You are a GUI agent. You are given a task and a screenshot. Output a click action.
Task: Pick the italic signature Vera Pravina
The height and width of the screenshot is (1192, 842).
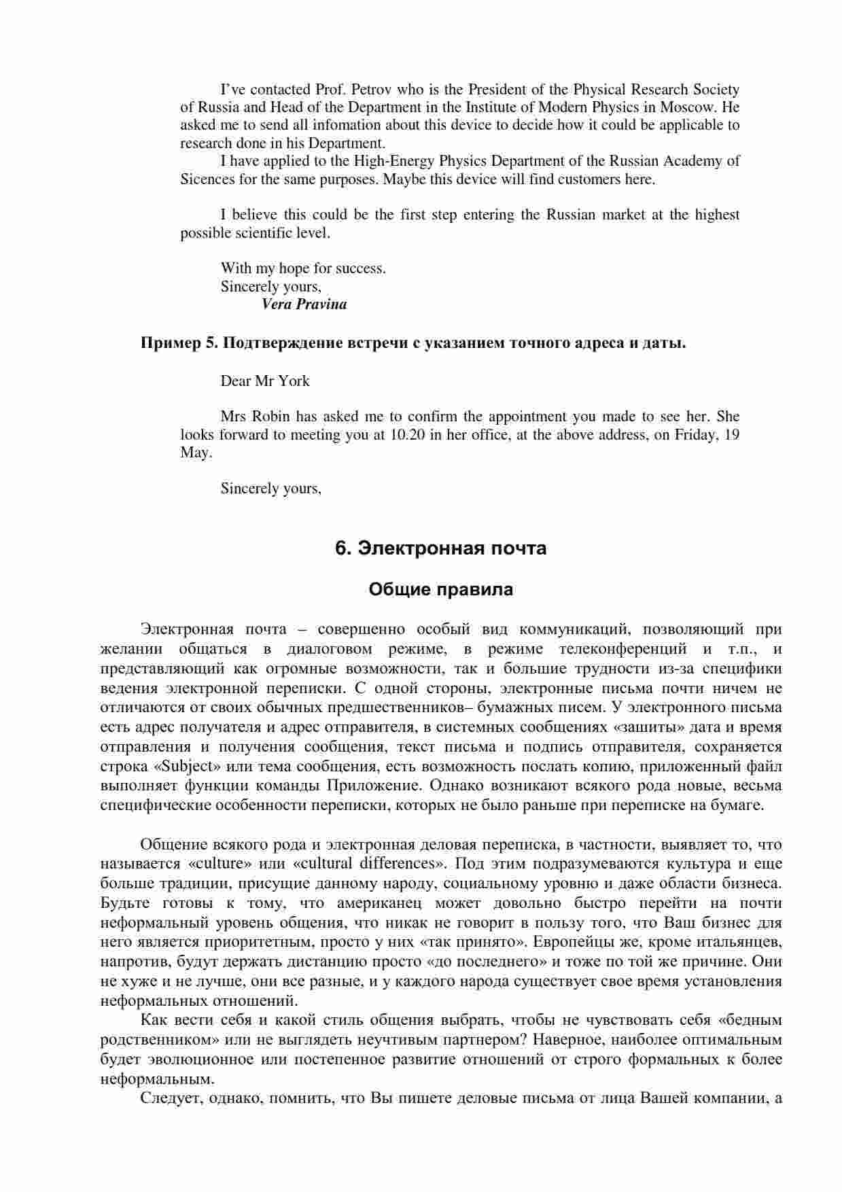(x=304, y=304)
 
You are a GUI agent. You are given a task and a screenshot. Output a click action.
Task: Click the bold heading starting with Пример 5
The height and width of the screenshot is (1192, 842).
(x=413, y=343)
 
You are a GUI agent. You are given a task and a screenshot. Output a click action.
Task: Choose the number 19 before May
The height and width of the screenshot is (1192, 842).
(x=732, y=435)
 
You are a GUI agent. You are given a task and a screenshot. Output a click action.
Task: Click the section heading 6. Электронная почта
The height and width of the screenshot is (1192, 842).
(x=441, y=548)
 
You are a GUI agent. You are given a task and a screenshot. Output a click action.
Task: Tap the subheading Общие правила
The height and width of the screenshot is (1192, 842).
(x=441, y=590)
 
